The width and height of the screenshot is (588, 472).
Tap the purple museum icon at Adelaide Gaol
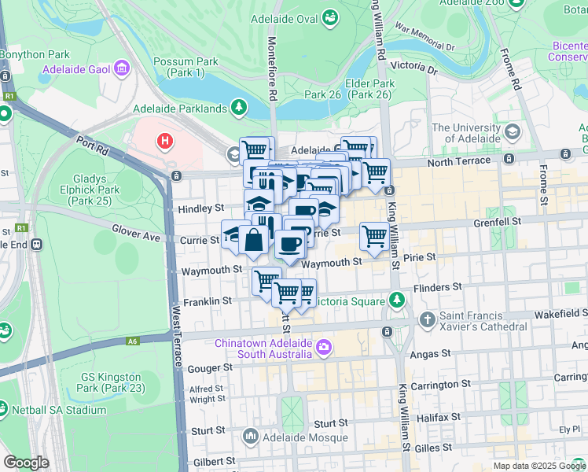pos(121,68)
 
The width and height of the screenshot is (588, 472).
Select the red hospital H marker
pos(164,142)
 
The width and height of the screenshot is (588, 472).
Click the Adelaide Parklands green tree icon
pos(238,107)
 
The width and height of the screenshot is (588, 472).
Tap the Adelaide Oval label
pos(285,17)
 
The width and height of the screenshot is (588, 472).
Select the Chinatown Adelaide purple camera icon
pos(323,345)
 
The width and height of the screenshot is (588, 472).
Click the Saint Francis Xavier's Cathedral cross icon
pos(427,319)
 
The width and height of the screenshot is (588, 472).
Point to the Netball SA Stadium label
pos(59,410)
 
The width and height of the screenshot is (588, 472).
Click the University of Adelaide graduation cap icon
pos(513,131)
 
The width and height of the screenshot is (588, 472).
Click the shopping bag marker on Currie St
pos(254,241)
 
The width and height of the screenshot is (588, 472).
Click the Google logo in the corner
pos(27,463)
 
